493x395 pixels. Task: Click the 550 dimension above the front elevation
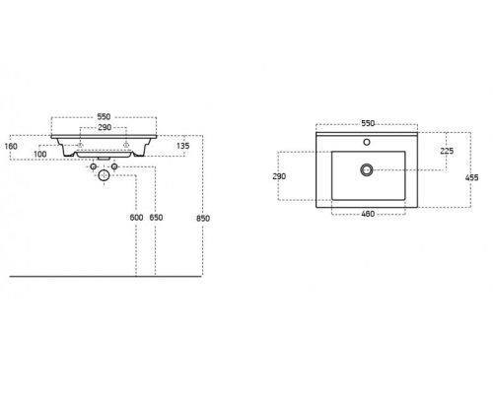[104, 117]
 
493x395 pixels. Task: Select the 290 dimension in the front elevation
[105, 127]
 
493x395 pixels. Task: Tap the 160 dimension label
[11, 146]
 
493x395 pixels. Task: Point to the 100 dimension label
[40, 154]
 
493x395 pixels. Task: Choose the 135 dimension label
[182, 146]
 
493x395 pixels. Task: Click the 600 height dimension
[136, 218]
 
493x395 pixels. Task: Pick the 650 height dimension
[156, 218]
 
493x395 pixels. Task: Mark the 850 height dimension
[203, 219]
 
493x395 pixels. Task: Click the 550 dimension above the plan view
[368, 123]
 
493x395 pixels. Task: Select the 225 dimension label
[447, 151]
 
